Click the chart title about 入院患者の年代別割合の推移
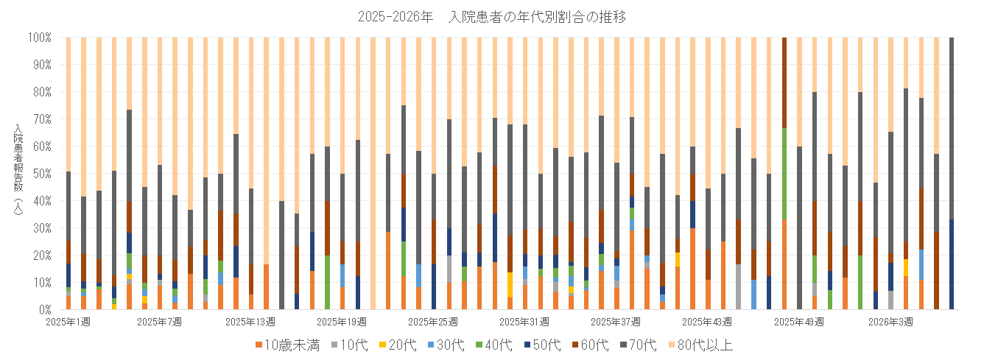(x=491, y=17)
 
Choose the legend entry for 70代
(x=650, y=345)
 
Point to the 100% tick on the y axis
(x=39, y=37)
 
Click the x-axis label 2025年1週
(x=68, y=322)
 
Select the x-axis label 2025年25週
(x=432, y=322)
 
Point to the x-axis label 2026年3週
(x=890, y=322)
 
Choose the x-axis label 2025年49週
(x=798, y=322)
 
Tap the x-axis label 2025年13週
(x=250, y=322)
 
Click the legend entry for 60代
(x=599, y=345)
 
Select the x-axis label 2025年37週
(x=615, y=322)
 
